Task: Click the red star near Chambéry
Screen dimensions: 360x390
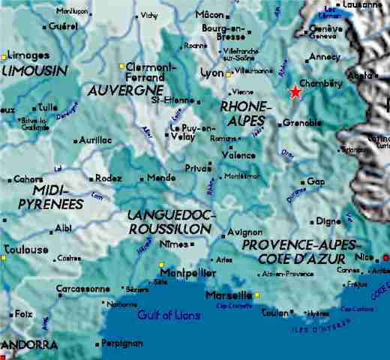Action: (x=295, y=91)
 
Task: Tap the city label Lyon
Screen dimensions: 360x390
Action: (x=212, y=73)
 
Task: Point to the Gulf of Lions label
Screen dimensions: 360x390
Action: (x=169, y=315)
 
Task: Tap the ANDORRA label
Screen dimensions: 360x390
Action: (x=30, y=345)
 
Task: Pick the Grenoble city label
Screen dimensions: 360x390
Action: (x=304, y=121)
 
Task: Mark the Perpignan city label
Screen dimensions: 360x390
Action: (x=121, y=343)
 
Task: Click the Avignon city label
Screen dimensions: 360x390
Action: (x=244, y=232)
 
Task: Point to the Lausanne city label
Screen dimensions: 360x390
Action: (x=361, y=4)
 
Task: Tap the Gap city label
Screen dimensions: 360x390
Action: (x=316, y=181)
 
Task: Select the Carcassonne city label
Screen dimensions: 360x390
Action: (x=83, y=289)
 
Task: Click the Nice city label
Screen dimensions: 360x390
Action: (x=364, y=256)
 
